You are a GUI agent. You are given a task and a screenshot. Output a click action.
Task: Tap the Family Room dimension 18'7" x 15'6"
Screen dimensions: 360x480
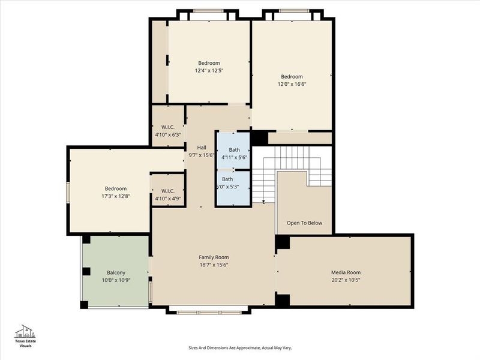pyautogui.click(x=214, y=265)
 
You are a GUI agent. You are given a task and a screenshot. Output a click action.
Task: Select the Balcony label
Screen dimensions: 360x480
pyautogui.click(x=116, y=272)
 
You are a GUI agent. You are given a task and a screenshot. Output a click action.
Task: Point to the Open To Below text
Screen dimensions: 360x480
pyautogui.click(x=304, y=223)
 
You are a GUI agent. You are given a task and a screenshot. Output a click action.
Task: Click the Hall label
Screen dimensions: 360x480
pyautogui.click(x=202, y=147)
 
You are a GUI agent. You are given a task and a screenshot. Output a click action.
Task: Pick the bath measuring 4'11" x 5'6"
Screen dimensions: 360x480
pyautogui.click(x=233, y=153)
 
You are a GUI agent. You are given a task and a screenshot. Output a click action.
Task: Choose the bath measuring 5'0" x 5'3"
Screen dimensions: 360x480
pyautogui.click(x=233, y=182)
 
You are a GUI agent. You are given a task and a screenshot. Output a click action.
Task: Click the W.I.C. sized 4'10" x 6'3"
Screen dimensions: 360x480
pyautogui.click(x=167, y=131)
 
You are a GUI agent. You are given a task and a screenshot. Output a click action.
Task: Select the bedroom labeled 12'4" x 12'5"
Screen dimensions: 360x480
pyautogui.click(x=209, y=67)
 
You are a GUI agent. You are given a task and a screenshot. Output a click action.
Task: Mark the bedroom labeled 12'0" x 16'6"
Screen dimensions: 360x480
pyautogui.click(x=292, y=80)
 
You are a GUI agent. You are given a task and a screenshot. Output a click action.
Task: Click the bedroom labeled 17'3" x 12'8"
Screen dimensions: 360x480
pyautogui.click(x=116, y=192)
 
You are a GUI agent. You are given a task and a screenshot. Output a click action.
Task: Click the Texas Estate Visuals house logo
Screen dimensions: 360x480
pyautogui.click(x=25, y=332)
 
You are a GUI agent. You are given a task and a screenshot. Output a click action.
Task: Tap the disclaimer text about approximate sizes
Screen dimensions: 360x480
pyautogui.click(x=240, y=347)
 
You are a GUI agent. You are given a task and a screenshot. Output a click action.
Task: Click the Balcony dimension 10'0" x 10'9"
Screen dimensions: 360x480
pyautogui.click(x=116, y=280)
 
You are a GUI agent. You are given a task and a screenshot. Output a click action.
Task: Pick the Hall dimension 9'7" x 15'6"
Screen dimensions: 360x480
pyautogui.click(x=202, y=155)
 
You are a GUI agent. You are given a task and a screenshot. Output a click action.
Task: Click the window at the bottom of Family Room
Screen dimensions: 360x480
pyautogui.click(x=208, y=311)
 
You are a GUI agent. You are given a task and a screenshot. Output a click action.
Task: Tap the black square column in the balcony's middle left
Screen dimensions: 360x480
pyautogui.click(x=86, y=271)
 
